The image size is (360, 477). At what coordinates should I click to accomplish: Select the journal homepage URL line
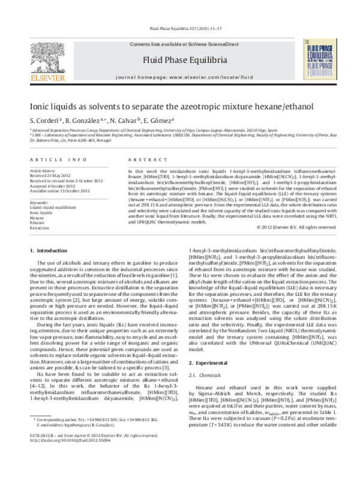point(179,78)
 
